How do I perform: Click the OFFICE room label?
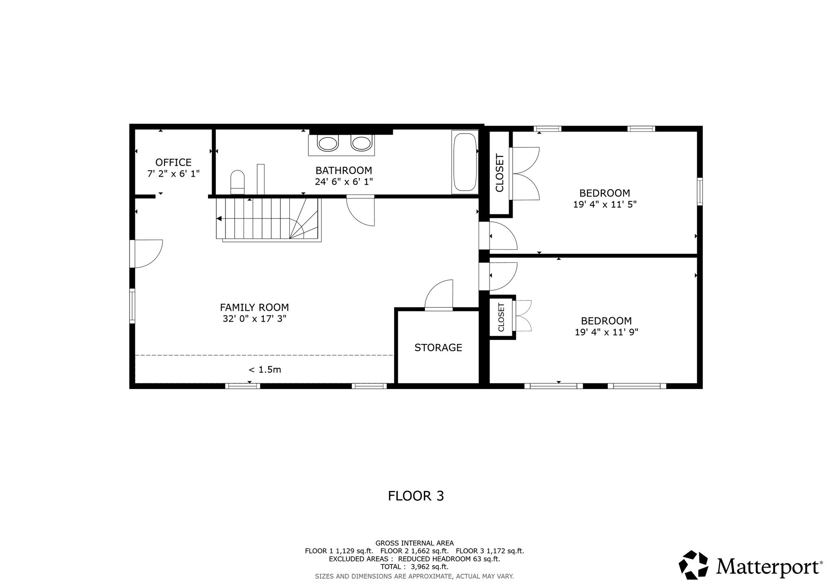173,162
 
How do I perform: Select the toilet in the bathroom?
238,182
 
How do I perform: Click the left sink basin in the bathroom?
328,143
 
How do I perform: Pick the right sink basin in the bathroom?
361,143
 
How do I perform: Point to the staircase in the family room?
269,220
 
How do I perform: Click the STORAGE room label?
438,348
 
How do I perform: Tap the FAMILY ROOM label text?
254,307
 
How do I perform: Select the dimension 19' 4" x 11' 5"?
604,204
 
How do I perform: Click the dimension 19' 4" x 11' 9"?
606,332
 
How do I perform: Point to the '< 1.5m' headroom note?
265,370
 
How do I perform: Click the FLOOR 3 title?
416,496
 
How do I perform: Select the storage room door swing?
439,295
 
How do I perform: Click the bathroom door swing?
360,211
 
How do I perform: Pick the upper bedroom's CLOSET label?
499,173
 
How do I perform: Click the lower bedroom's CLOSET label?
501,317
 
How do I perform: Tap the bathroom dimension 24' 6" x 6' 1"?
344,182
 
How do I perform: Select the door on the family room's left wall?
146,254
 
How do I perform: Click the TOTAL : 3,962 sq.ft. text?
414,567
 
